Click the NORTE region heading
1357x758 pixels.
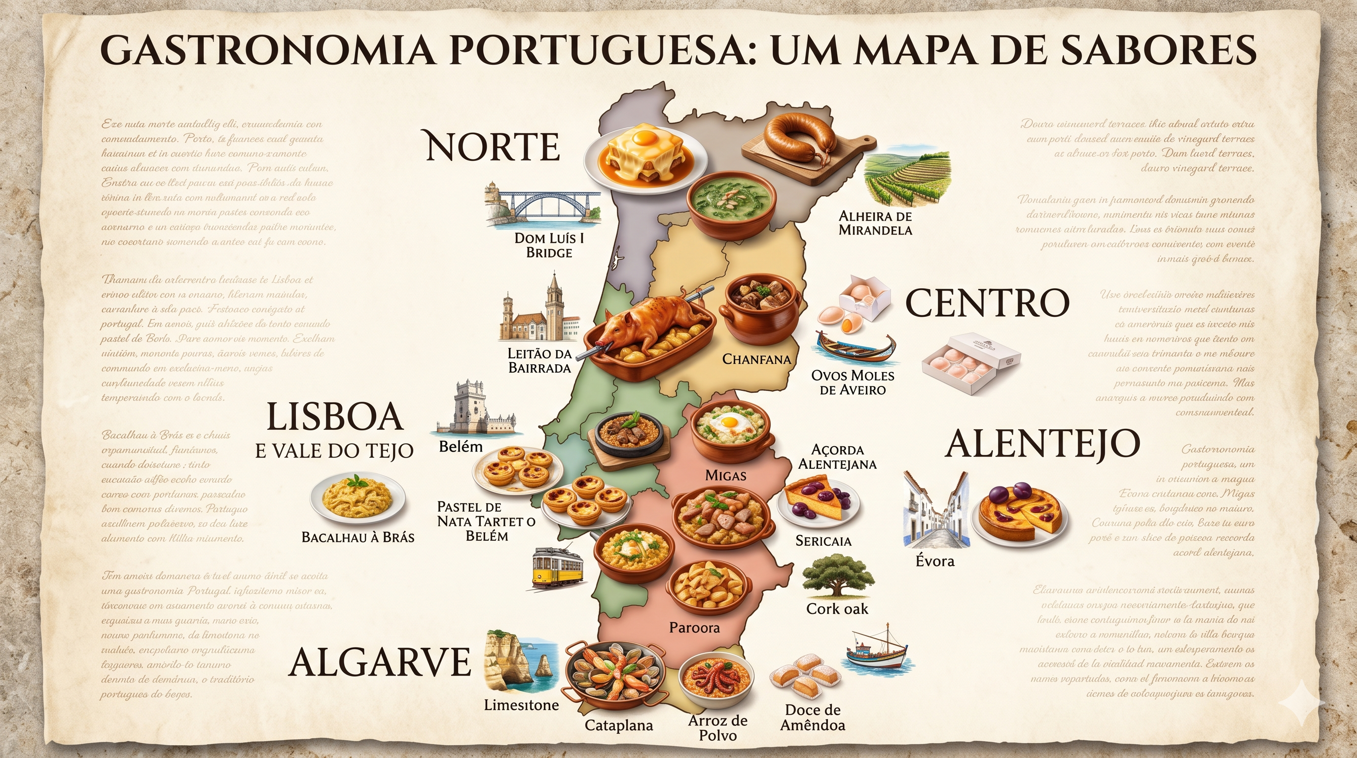pyautogui.click(x=492, y=147)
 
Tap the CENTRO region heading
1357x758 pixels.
pyautogui.click(x=987, y=303)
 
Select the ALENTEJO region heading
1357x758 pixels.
pyautogui.click(x=1042, y=444)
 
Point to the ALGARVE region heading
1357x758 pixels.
pyautogui.click(x=380, y=662)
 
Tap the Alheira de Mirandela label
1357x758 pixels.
pyautogui.click(x=875, y=223)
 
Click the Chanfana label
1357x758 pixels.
pyautogui.click(x=756, y=359)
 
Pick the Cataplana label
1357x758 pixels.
pyautogui.click(x=618, y=725)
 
